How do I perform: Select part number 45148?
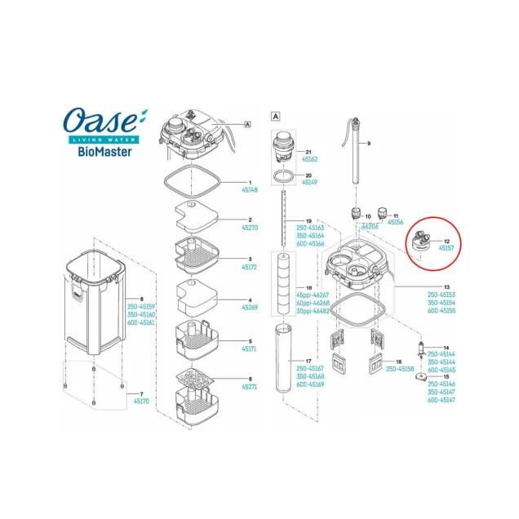248,189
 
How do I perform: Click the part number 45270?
248,228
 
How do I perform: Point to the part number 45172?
248,268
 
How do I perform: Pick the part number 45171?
248,349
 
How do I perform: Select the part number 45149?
311,183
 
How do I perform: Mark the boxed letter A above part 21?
276,117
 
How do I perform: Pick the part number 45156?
396,221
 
